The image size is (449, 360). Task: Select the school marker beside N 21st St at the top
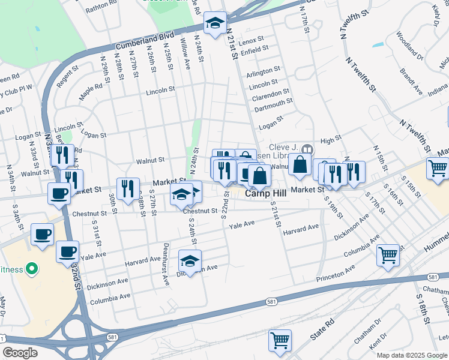(x=215, y=23)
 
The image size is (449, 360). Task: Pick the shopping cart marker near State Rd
(x=280, y=340)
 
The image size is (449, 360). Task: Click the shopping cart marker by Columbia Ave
(x=388, y=255)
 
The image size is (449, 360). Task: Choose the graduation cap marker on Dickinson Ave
(x=190, y=261)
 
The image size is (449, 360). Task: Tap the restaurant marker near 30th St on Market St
(x=128, y=188)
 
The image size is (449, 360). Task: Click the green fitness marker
(x=33, y=267)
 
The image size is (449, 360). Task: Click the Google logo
(x=20, y=353)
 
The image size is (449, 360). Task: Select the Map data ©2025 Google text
(x=412, y=355)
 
